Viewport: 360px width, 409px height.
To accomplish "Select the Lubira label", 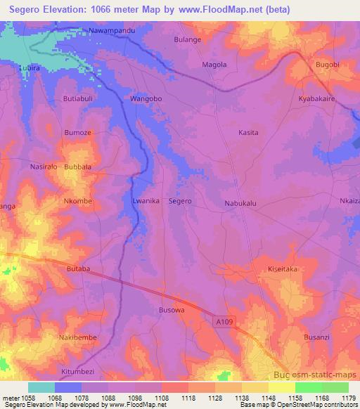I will tap(30, 69).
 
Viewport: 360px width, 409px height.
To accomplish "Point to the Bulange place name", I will tap(188, 40).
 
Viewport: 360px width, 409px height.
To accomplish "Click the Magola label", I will tap(214, 65).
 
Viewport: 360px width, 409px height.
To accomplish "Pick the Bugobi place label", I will tap(328, 65).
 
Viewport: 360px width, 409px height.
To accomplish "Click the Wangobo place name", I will tap(146, 99).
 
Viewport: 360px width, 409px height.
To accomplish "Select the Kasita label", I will tap(248, 132).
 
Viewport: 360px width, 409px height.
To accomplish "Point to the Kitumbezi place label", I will tap(77, 371).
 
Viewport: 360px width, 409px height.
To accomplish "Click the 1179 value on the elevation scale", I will tap(347, 398).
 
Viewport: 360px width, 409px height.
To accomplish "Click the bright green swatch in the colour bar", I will tap(308, 387).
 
